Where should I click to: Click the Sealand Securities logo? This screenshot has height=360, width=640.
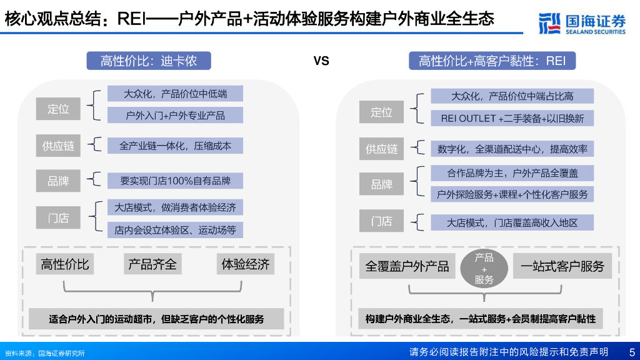(x=582, y=22)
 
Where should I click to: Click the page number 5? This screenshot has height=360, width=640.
(x=631, y=352)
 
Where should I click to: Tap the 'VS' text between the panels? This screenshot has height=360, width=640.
(x=321, y=61)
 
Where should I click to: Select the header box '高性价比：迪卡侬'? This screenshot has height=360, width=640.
(x=149, y=61)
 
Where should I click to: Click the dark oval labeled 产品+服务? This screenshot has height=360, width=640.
(x=484, y=268)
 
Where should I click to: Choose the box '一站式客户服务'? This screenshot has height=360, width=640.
(x=562, y=267)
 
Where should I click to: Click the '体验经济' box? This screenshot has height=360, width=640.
(x=245, y=264)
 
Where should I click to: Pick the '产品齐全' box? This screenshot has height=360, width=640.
(x=152, y=264)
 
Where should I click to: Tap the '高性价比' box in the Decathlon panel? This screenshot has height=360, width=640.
(x=65, y=264)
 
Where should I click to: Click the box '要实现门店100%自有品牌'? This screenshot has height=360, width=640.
(x=175, y=181)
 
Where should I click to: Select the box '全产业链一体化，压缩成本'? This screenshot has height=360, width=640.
(x=175, y=146)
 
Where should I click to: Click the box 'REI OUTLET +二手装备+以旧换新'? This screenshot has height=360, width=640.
(x=512, y=118)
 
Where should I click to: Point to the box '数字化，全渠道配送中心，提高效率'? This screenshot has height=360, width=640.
(x=512, y=149)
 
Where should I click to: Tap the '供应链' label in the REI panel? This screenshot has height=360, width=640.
(x=381, y=149)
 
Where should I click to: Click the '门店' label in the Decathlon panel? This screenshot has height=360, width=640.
(x=58, y=218)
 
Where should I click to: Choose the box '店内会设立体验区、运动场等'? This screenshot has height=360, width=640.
(x=175, y=229)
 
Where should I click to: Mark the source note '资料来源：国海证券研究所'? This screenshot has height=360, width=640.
(x=44, y=353)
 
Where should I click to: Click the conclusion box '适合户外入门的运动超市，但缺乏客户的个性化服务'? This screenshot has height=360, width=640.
(x=156, y=319)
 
